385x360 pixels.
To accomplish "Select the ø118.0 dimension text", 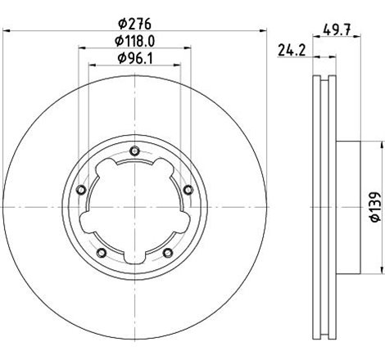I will (134, 41).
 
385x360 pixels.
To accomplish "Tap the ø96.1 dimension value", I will (134, 58).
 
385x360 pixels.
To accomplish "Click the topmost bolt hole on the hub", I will (134, 151).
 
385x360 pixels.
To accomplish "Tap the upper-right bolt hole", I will (188, 190).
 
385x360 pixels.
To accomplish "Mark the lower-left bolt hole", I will (101, 252).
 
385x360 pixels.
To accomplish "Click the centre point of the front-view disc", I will (134, 208).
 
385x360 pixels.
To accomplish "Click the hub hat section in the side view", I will (347, 208).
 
